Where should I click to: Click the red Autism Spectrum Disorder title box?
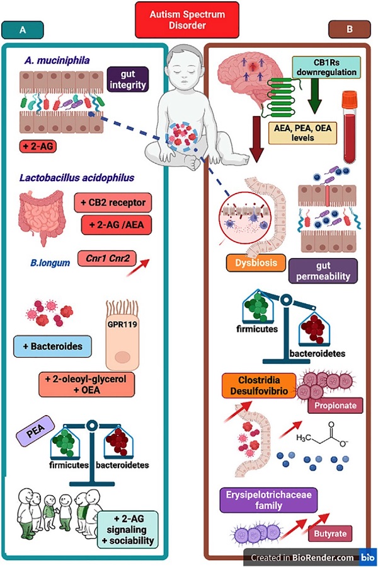[x=187, y=20]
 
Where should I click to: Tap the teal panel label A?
[x=23, y=30]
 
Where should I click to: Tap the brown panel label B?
[x=350, y=29]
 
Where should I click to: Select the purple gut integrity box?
[x=128, y=79]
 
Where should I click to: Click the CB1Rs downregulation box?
[x=326, y=67]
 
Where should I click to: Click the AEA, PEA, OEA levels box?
[x=302, y=132]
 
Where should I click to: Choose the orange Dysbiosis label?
[x=256, y=263]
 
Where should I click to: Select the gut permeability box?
[x=323, y=271]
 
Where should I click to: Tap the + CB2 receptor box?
[x=113, y=202]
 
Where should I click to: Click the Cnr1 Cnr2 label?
[x=107, y=259]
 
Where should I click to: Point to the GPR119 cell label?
[x=122, y=324]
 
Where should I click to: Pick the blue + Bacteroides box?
[x=52, y=346]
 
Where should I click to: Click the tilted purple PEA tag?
[x=35, y=430]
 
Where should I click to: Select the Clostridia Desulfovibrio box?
[x=259, y=385]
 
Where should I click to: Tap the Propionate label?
[x=335, y=406]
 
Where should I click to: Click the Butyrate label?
[x=330, y=534]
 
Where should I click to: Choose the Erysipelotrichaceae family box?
[x=268, y=500]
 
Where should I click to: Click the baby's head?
[x=187, y=66]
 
